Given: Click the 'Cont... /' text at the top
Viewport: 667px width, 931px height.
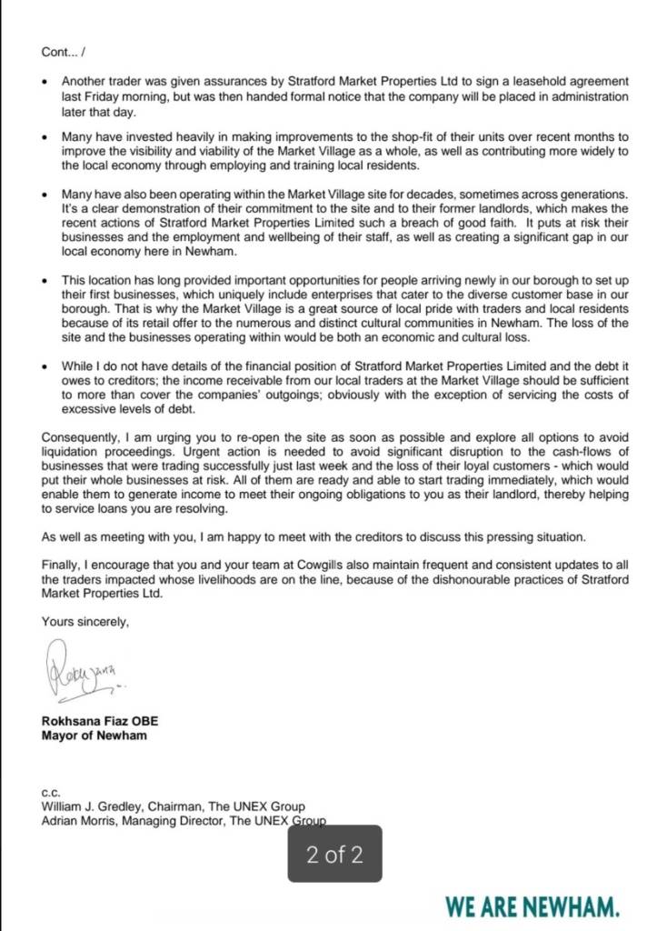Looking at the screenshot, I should click(63, 53).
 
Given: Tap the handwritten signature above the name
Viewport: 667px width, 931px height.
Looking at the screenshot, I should click(82, 671).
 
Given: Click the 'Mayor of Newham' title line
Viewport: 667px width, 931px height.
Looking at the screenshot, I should click(95, 736).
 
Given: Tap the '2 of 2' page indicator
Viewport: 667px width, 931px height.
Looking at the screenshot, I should click(335, 855).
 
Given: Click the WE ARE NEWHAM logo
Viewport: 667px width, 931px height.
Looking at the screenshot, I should click(533, 906).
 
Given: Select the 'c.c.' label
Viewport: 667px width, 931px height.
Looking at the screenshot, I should click(50, 793).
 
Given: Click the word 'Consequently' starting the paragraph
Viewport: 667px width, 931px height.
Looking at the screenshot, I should click(80, 436).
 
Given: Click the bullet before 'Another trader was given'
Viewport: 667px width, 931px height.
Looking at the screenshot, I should click(45, 82).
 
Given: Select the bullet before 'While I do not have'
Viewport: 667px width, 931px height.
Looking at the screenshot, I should click(45, 365).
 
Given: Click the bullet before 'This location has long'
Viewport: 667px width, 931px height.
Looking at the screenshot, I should click(45, 281).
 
